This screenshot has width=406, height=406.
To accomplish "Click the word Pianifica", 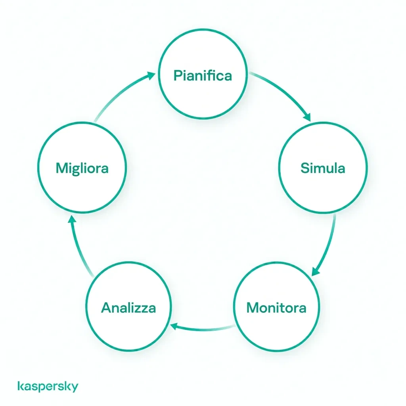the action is coord(203,75).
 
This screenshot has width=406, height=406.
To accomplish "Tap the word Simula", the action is coord(323,168).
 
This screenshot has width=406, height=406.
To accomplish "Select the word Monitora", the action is coord(276,308).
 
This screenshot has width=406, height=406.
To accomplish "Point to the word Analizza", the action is coord(128,308).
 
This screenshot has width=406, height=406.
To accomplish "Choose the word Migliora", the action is coord(82,169).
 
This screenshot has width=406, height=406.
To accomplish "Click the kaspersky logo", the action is coord(48,386).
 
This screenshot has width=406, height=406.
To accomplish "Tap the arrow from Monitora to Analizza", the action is coord(203,329).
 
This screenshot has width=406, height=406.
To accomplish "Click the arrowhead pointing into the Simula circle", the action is coord(307,117).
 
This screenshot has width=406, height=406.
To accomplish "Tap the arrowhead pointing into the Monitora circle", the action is coord(315,271).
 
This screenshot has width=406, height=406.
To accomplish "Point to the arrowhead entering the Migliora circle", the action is coord(72,219).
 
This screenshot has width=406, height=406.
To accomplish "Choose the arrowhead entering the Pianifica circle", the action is coord(151,76).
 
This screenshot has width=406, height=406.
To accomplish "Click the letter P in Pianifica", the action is coord(178,75).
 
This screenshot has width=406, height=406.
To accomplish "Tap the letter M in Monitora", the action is coord(253,308).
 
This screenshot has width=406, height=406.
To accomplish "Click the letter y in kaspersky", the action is coord(75,388).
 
